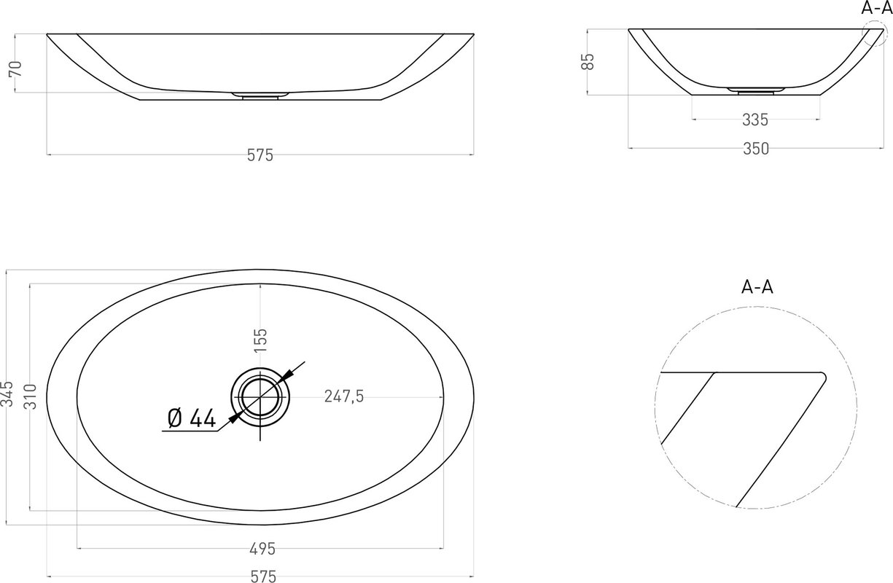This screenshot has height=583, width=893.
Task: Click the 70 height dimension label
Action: [x=15, y=69]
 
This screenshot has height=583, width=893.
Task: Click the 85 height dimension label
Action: [x=588, y=62]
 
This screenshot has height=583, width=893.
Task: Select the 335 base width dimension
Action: [x=755, y=120]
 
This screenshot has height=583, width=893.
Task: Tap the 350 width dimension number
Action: [x=756, y=149]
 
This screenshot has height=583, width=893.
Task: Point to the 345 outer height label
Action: [x=7, y=394]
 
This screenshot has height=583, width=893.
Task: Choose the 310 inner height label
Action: [x=31, y=397]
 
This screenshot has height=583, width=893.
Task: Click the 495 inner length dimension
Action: [x=262, y=549]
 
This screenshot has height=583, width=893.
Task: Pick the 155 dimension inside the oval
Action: [x=260, y=340]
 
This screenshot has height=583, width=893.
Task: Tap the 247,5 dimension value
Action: [x=344, y=396]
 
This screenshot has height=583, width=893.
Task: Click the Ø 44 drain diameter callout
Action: [x=192, y=418]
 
